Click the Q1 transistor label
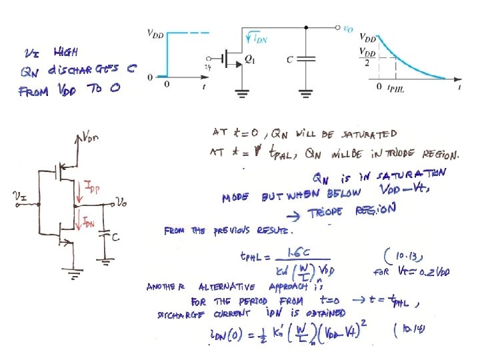pyautogui.click(x=250, y=59)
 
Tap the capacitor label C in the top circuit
pyautogui.click(x=290, y=59)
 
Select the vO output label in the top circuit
pyautogui.click(x=348, y=29)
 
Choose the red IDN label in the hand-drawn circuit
pyautogui.click(x=89, y=222)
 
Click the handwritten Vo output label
pyautogui.click(x=121, y=201)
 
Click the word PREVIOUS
pyautogui.click(x=229, y=231)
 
